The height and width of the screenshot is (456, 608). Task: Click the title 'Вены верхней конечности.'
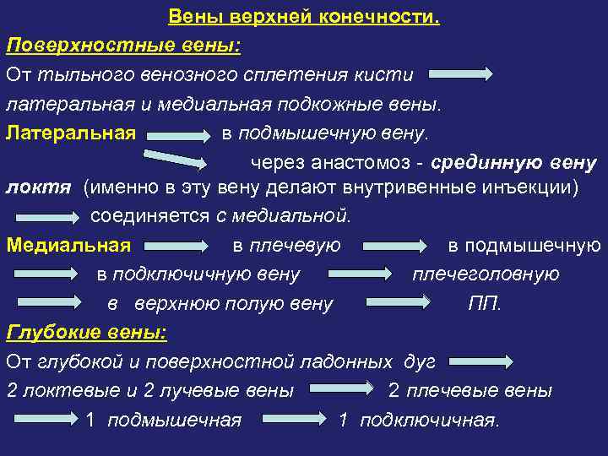pos(304,16)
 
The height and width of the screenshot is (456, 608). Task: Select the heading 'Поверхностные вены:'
pos(122,45)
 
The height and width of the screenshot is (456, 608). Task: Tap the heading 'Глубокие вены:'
pos(86,333)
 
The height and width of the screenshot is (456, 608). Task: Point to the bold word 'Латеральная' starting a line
pos(71,133)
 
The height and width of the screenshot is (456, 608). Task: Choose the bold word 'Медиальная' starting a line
pos(68,246)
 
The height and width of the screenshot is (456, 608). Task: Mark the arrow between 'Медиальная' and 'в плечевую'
pos(177,247)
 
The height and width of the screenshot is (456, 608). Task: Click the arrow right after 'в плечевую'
pos(394,247)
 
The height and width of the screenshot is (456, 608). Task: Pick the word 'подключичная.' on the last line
pos(430,420)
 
